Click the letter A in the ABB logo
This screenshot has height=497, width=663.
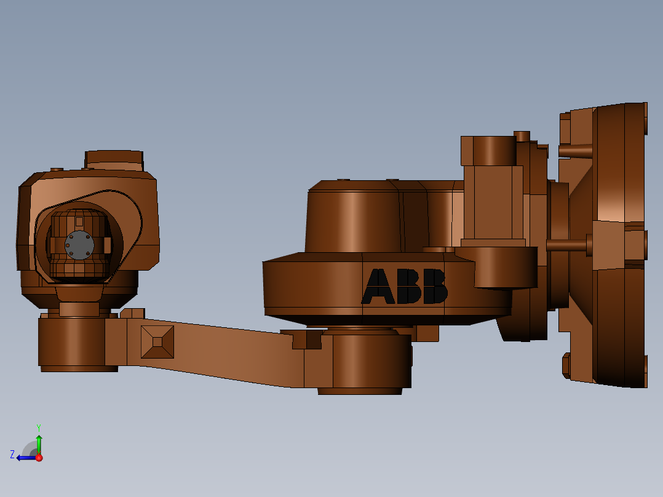coord(379,287)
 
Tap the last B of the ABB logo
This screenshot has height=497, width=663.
coord(434,287)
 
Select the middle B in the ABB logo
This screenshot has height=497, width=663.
coord(407,287)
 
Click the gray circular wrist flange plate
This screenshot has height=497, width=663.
coord(79,245)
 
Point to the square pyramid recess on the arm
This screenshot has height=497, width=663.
coord(157,342)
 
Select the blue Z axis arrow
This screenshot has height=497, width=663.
coord(25,457)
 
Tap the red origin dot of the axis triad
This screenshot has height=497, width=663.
coord(39,458)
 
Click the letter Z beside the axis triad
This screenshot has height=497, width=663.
coord(12,455)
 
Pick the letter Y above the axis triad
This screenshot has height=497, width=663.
coord(38,427)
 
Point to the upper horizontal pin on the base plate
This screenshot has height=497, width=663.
coord(575,150)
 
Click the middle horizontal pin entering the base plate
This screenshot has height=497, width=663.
coord(567,245)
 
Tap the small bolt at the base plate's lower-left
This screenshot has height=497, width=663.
coord(566,365)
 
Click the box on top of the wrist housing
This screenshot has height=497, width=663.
coord(114,160)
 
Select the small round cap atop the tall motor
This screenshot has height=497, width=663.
coord(522,136)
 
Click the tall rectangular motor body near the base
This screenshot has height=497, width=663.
coord(493,203)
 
